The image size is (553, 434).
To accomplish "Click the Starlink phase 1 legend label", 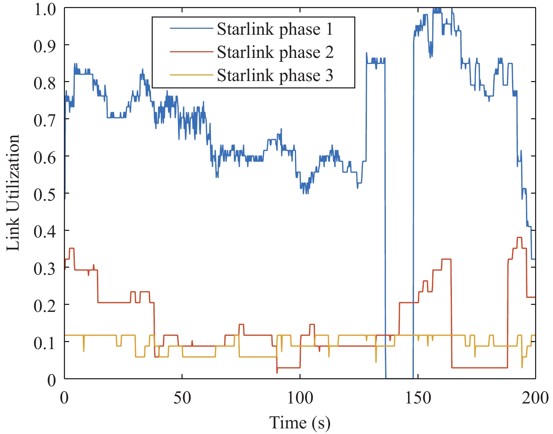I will [275, 29].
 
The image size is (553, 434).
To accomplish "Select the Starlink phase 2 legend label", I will [275, 52].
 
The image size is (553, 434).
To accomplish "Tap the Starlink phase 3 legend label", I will [275, 75].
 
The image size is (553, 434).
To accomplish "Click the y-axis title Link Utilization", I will [13, 193].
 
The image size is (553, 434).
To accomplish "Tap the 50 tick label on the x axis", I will [182, 398].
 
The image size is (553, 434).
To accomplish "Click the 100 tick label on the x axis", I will [300, 398].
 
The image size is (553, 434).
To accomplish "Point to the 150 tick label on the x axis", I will [418, 398].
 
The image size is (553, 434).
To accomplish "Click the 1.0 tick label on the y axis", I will [45, 9].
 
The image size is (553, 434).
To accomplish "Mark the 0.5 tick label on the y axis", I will [45, 194].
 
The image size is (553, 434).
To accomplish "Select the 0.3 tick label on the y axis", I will [45, 269].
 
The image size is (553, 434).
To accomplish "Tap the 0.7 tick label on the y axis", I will [45, 120].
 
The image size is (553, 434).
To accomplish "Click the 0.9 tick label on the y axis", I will [45, 46].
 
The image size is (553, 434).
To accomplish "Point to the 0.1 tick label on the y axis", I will [45, 343].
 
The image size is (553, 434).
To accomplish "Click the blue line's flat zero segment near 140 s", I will [399, 378].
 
